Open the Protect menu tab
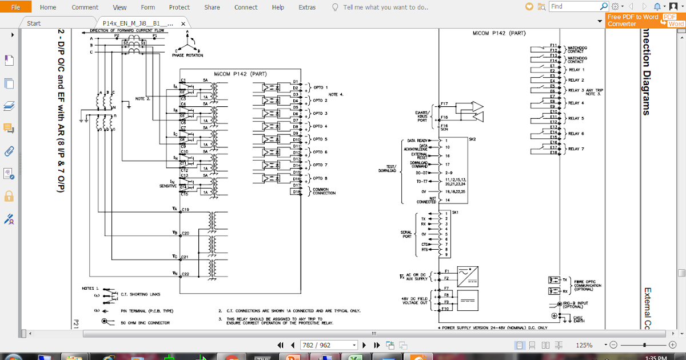pos(180,7)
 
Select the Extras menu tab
pos(307,7)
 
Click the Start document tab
pos(34,23)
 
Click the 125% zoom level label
pos(584,345)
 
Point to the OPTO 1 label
pos(321,87)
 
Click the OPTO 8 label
pos(321,178)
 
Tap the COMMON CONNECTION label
pos(324,191)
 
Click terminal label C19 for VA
pos(185,210)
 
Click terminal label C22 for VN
pos(185,274)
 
